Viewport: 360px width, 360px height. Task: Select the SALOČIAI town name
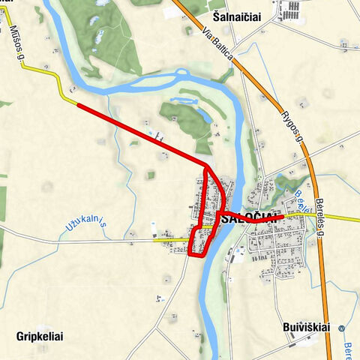(250, 218)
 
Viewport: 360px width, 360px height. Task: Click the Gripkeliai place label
(38, 337)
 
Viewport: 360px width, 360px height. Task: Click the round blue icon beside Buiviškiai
(341, 328)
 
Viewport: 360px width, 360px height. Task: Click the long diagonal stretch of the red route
(142, 134)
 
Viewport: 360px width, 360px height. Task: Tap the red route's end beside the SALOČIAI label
(282, 217)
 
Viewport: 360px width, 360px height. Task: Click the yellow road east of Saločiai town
(330, 218)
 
